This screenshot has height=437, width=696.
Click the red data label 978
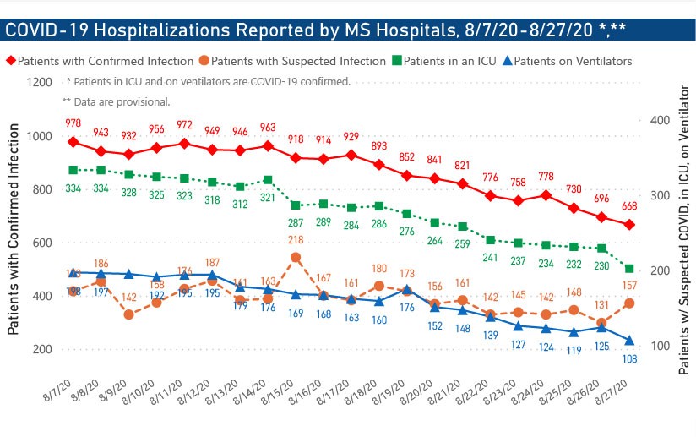73,123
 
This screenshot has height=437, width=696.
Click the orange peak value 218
296,240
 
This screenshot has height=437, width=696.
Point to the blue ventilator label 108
630,358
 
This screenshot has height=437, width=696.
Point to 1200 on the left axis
39,83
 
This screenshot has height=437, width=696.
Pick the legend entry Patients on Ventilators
572,62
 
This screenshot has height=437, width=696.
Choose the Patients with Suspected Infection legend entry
298,62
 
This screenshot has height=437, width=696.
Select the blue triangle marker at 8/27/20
630,341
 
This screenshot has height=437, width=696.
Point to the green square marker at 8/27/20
630,269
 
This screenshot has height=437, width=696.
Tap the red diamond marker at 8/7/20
73,142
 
